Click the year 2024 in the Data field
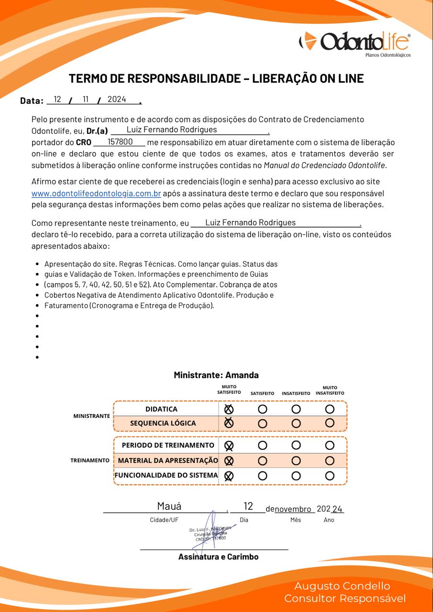117,99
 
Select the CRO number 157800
120,142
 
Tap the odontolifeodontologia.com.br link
96,194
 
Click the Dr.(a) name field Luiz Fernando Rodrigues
171,130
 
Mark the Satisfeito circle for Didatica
262,409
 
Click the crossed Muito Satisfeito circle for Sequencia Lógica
229,423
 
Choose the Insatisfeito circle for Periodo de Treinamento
296,445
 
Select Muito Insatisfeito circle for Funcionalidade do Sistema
330,476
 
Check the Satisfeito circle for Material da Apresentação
262,461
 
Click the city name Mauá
169,506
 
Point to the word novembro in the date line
293,509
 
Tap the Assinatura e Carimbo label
218,557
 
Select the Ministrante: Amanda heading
216,375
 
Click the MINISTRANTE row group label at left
91,416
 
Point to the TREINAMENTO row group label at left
90,460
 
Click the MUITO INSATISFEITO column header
330,391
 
